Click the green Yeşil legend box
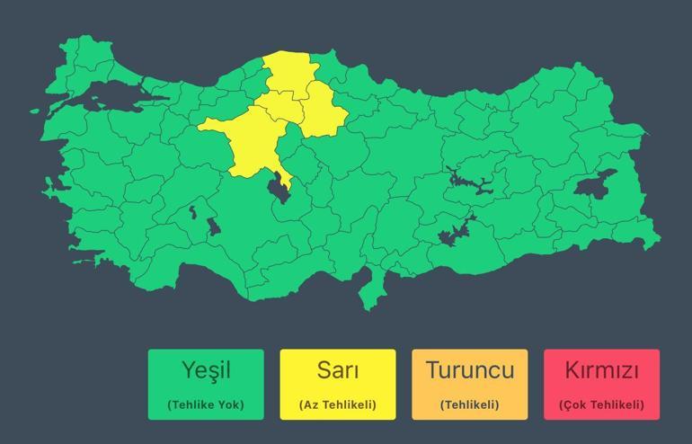point(206,385)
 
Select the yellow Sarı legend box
point(337,385)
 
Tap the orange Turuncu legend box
point(469,385)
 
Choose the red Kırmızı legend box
point(601,385)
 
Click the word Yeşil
point(206,370)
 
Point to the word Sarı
point(337,369)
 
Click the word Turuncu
point(469,369)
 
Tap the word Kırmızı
point(601,369)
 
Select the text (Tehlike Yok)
point(206,404)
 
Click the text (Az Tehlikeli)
point(337,404)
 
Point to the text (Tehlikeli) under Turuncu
point(469,404)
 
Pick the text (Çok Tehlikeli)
point(601,404)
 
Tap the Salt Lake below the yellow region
point(279,190)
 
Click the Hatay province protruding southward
point(368,286)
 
